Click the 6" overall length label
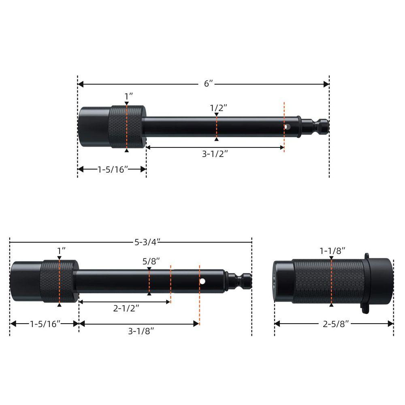209,84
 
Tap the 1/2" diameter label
218,108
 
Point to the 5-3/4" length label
147,242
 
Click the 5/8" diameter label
151,261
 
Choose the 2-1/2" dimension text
126,308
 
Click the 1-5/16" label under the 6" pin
113,169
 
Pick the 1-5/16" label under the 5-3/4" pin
45,324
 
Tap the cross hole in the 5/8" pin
202,281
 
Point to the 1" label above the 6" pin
129,96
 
